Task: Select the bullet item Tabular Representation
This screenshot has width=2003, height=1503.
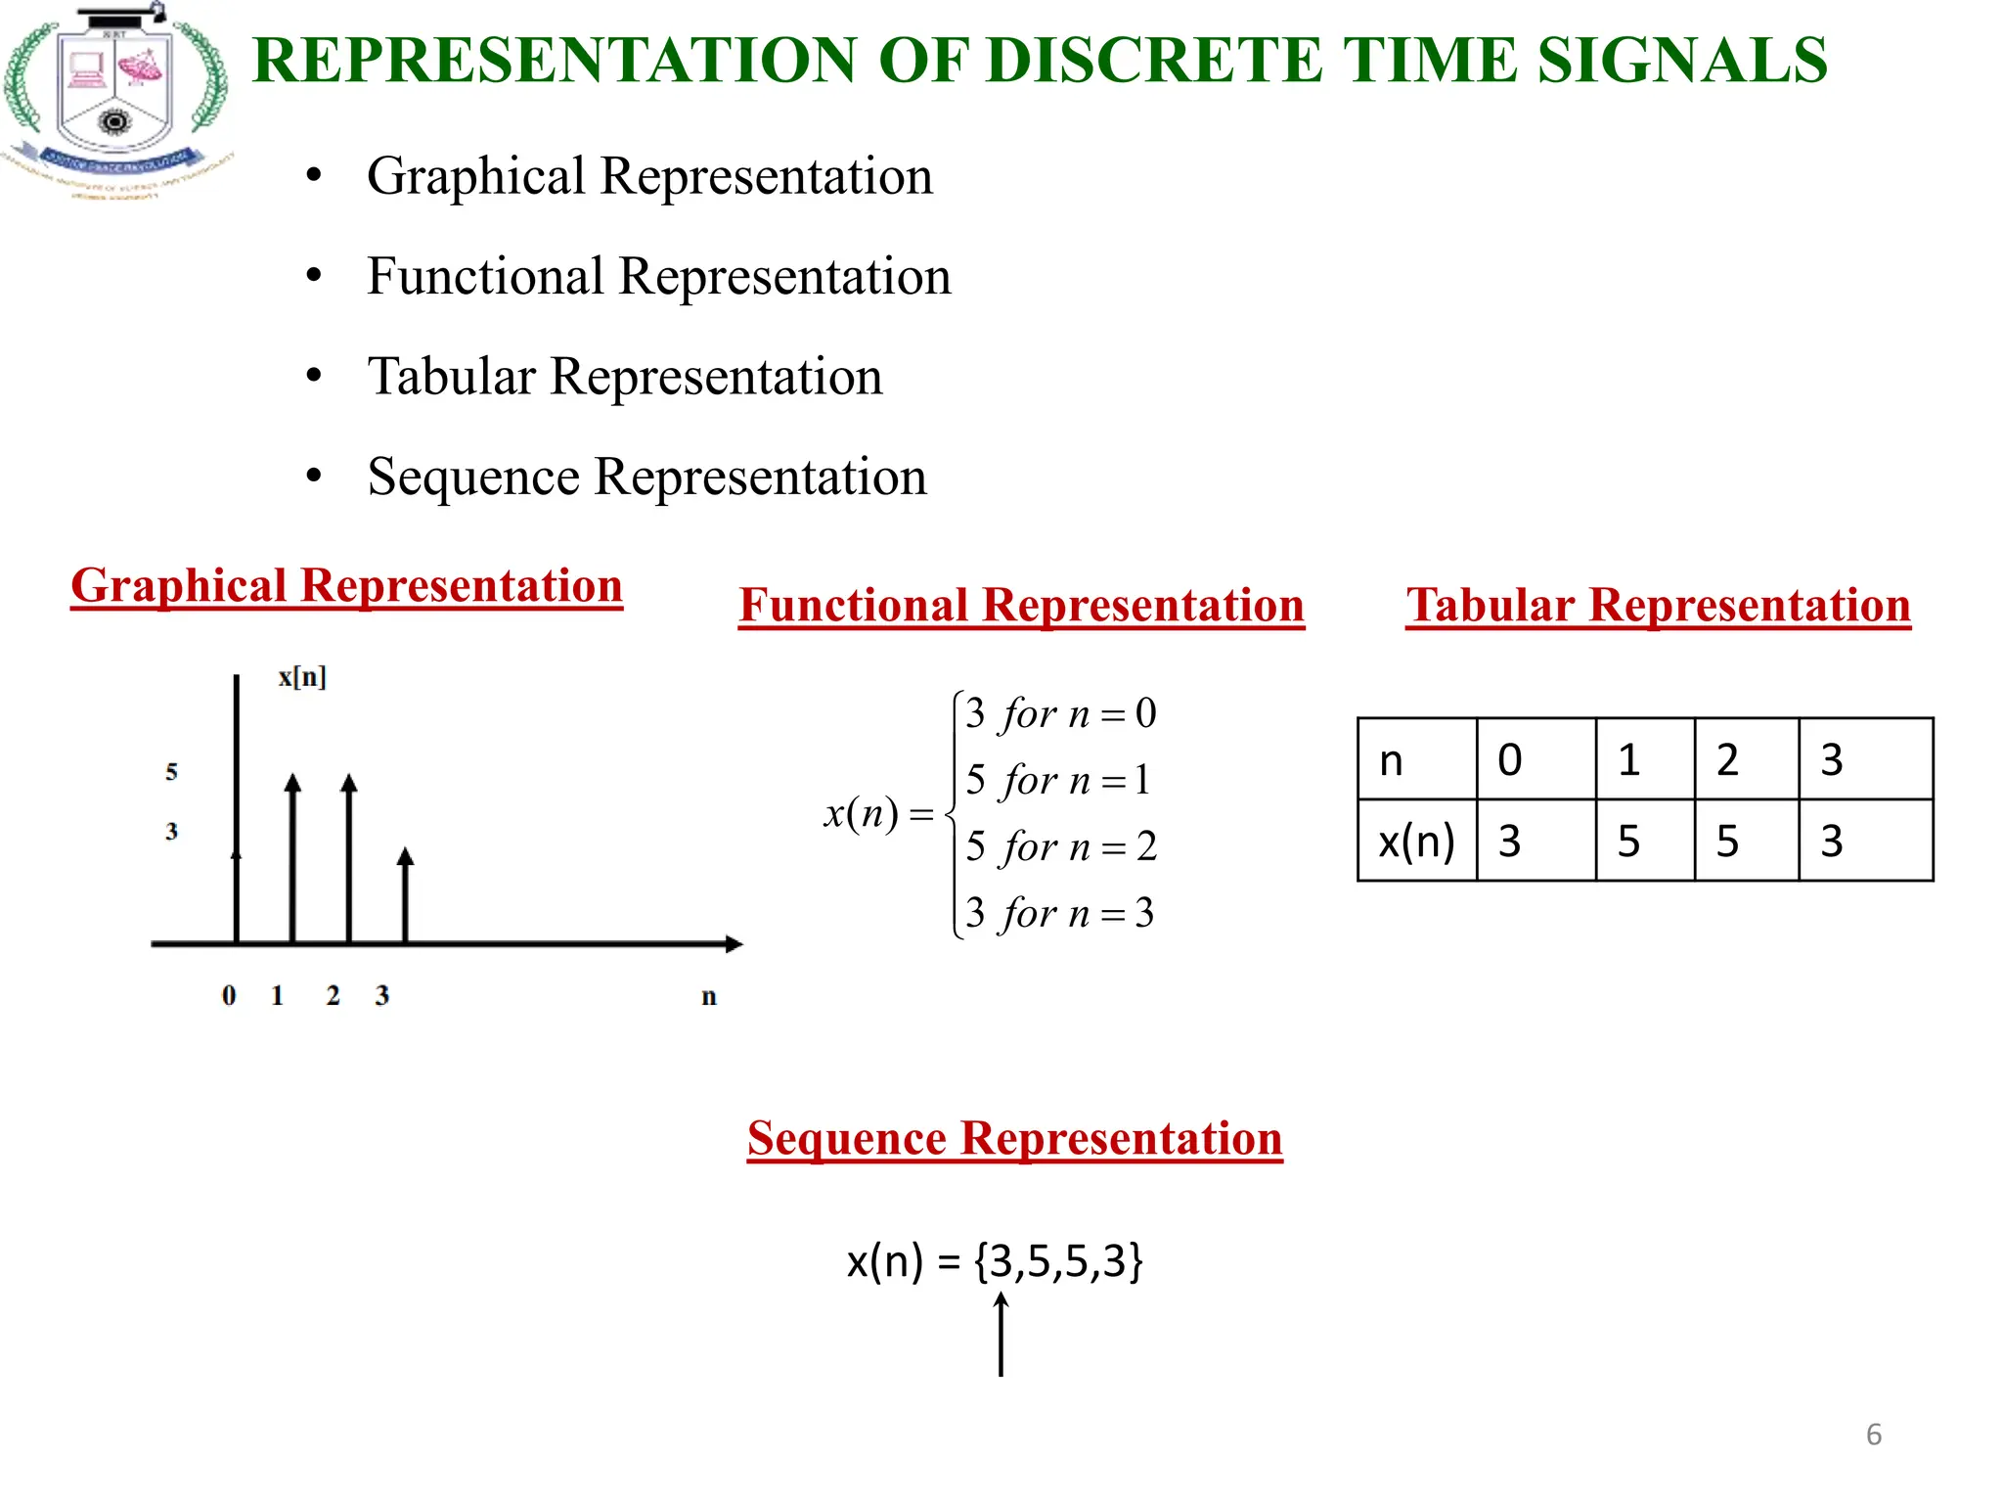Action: coord(624,377)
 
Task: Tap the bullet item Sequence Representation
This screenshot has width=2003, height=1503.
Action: coord(646,478)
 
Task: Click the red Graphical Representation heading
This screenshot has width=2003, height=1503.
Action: coord(346,586)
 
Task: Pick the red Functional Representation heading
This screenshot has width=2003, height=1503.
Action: coord(1021,605)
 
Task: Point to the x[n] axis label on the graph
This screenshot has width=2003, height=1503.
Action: coord(301,677)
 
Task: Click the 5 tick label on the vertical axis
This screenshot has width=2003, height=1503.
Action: coord(172,772)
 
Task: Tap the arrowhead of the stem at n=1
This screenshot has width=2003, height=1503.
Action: coord(292,783)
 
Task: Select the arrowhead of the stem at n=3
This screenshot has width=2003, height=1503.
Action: coord(406,857)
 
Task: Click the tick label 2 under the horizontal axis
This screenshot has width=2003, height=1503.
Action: coord(334,996)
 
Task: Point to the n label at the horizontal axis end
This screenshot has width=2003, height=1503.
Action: coord(709,997)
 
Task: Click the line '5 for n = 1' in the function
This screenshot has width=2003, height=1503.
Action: coord(1058,781)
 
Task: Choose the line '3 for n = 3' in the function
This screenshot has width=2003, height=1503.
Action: coord(1059,914)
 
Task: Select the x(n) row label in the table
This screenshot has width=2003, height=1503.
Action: coord(1416,842)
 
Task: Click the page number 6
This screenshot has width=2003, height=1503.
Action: coord(1873,1435)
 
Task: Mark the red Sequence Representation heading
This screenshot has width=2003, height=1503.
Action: coord(1014,1139)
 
